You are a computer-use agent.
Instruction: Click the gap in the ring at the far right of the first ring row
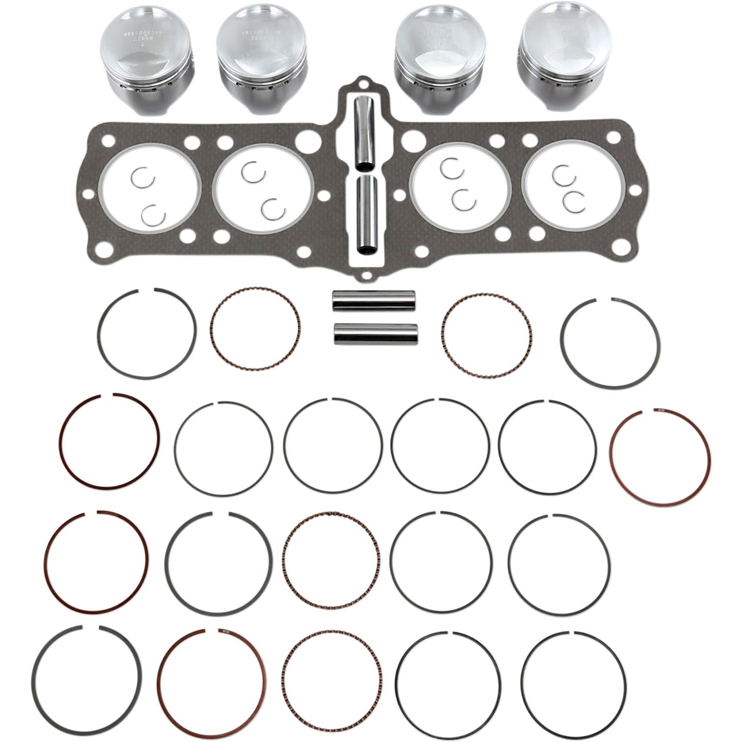pos(605,300)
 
